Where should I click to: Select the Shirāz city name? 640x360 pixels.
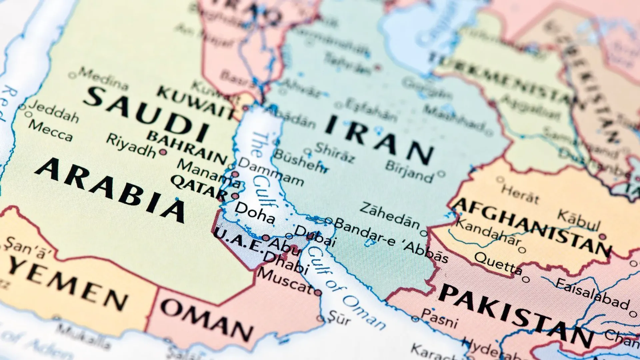pos(335,152)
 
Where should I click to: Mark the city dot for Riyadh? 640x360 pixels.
pos(163,152)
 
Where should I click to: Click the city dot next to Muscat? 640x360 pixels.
pos(318,293)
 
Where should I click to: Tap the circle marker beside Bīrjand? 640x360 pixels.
pos(441,174)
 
